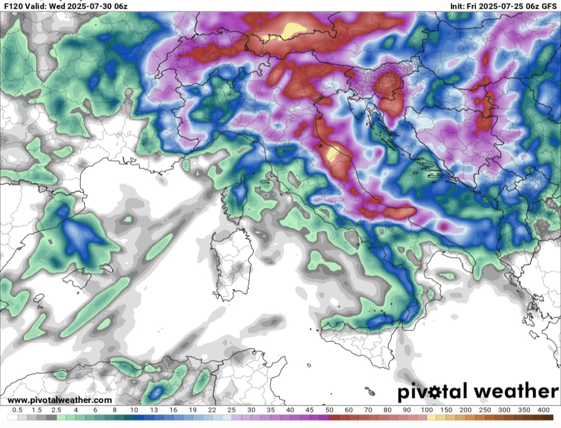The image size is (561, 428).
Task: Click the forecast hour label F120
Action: (x=12, y=6)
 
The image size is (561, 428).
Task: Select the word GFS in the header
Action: (x=549, y=6)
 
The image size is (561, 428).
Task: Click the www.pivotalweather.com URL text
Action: (x=60, y=400)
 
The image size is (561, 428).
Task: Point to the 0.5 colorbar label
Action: (x=17, y=410)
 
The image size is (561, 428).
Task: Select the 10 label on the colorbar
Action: (x=133, y=410)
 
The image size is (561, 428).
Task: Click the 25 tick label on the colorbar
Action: (x=231, y=410)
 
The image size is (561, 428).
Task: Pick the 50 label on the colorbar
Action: (x=329, y=410)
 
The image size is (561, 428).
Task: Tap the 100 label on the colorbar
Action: (x=426, y=410)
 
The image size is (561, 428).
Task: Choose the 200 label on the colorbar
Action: (x=465, y=410)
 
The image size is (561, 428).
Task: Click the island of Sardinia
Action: (x=231, y=265)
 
